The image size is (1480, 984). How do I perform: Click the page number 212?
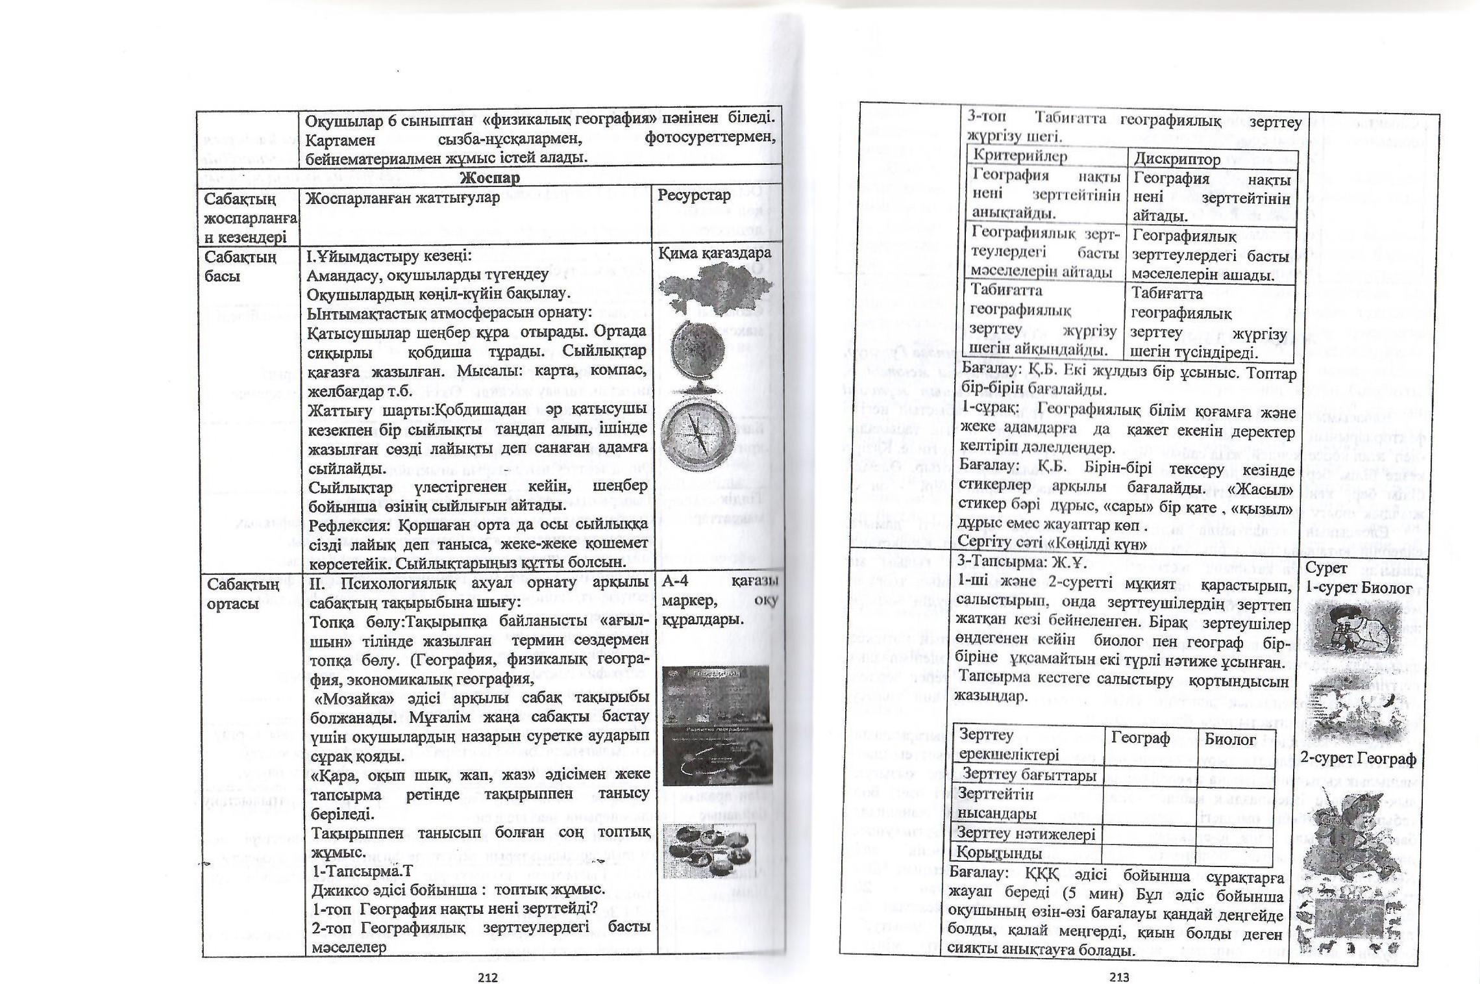487,977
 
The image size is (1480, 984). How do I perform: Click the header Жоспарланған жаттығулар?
402,197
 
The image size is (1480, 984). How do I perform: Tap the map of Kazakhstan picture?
714,290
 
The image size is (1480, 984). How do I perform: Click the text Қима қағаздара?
715,253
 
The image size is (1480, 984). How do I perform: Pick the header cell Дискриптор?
1176,159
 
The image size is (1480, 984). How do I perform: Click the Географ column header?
1141,738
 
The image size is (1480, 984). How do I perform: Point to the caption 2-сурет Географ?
1355,759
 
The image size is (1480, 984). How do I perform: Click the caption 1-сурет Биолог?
1359,588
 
